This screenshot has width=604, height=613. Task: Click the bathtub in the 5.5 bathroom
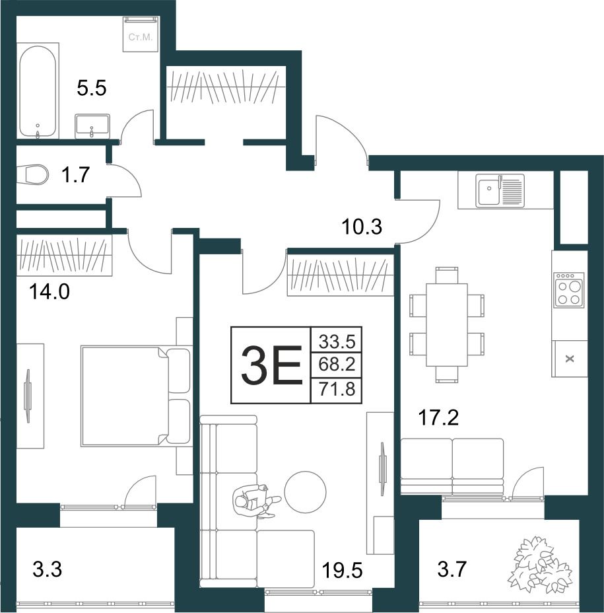tap(38, 91)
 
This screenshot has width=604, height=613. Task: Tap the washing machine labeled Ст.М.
tap(141, 34)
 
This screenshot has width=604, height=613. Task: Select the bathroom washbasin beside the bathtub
tap(92, 126)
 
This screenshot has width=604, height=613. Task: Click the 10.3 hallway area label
tap(361, 227)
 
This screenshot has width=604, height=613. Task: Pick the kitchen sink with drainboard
tap(500, 190)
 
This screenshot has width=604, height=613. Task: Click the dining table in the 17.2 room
tap(447, 324)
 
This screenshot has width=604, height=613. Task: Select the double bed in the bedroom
tap(135, 396)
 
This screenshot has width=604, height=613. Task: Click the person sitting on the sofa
tap(256, 501)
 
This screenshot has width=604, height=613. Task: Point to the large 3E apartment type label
tap(271, 365)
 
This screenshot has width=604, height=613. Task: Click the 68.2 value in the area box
tap(337, 365)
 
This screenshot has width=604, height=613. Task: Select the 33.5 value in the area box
tap(337, 342)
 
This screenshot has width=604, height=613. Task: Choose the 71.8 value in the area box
tap(337, 389)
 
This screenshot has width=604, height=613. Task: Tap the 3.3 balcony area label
tap(48, 569)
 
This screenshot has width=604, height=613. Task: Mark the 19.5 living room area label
tap(342, 571)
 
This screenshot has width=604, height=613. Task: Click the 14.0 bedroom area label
tap(50, 292)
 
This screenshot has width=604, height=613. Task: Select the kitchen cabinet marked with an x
tap(570, 359)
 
